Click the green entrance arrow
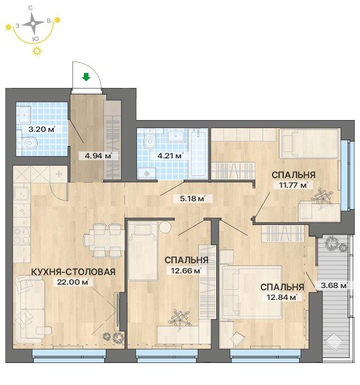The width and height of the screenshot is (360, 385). (x=86, y=77)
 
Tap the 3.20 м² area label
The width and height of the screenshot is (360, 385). (x=42, y=129)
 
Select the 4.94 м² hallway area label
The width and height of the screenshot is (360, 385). (x=99, y=156)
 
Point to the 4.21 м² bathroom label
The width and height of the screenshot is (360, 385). (x=170, y=156)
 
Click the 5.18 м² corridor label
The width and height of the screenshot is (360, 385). (x=192, y=198)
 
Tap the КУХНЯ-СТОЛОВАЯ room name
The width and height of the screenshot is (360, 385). (x=73, y=272)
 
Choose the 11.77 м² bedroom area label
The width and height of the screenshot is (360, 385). (x=294, y=185)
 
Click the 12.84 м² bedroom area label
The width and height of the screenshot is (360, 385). (x=282, y=297)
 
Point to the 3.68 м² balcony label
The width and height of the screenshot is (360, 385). (x=334, y=285)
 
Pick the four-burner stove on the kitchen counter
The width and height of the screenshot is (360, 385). (x=21, y=236)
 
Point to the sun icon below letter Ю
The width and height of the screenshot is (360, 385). (x=37, y=51)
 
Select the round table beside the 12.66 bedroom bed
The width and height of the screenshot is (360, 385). (x=165, y=227)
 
